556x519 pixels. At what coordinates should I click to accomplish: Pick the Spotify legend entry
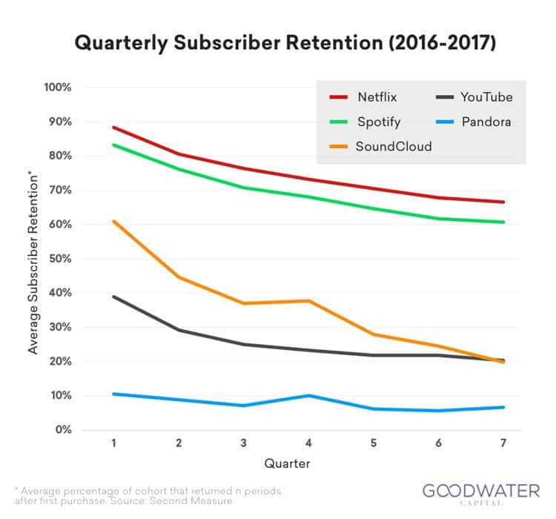pyautogui.click(x=377, y=122)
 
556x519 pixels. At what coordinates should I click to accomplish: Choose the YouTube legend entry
pyautogui.click(x=486, y=97)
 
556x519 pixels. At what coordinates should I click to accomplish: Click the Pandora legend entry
pyautogui.click(x=485, y=122)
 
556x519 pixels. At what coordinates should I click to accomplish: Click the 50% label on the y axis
pyautogui.click(x=59, y=259)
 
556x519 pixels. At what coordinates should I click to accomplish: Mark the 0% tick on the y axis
pyautogui.click(x=62, y=430)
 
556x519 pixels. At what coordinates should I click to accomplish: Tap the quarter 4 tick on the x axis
pyautogui.click(x=308, y=443)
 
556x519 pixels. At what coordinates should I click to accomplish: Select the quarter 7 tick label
pyautogui.click(x=504, y=443)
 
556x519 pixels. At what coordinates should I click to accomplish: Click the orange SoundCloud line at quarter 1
pyautogui.click(x=113, y=221)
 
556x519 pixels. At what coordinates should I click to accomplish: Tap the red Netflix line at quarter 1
pyautogui.click(x=113, y=127)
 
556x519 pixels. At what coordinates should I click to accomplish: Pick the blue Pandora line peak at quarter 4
pyautogui.click(x=308, y=395)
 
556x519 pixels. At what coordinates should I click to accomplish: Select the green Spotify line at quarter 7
pyautogui.click(x=504, y=222)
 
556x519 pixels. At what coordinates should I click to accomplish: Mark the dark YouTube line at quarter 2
pyautogui.click(x=179, y=330)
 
